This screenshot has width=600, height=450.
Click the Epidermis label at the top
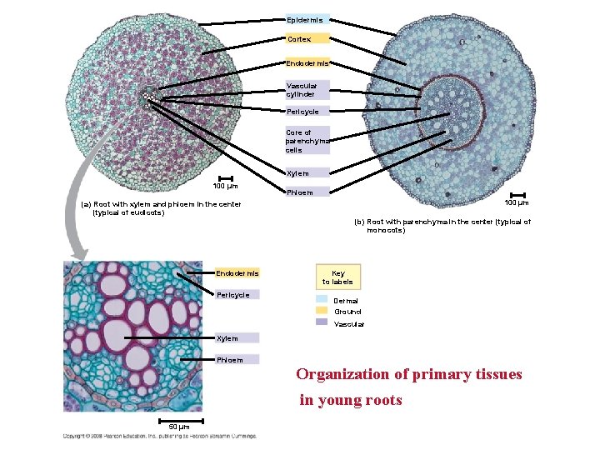pos(306,19)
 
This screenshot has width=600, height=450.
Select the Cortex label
pos(300,39)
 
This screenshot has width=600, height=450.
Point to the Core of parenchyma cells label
pos(306,141)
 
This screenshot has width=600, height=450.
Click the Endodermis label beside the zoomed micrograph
pos(237,273)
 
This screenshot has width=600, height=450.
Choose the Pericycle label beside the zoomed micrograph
pos(233,295)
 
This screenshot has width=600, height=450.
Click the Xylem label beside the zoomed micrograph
pos(227,338)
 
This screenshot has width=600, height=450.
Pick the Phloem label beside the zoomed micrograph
pos(230,360)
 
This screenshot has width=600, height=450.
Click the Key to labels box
pos(337,277)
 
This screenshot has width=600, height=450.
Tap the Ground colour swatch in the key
pos(322,311)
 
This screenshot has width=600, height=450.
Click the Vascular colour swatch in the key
pos(322,322)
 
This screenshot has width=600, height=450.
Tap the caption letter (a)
pos(86,204)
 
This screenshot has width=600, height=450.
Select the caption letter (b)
pos(359,222)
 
